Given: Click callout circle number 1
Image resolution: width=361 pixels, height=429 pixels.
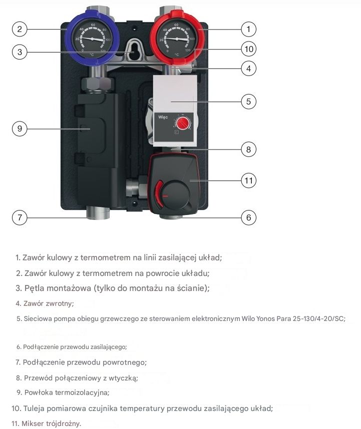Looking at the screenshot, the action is (248, 29).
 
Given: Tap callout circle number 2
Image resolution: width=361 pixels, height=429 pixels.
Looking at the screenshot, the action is (20, 29).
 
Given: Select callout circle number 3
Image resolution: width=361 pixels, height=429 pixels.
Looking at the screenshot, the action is (20, 52).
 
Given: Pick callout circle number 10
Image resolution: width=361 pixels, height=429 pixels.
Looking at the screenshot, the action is (248, 49).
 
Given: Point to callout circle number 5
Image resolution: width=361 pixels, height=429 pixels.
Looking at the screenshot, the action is (248, 101).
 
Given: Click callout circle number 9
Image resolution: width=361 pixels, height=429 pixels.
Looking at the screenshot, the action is (20, 128).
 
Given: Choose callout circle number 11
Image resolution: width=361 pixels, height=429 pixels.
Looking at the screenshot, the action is (248, 180).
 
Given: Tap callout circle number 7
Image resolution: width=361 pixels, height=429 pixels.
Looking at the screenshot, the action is (20, 217).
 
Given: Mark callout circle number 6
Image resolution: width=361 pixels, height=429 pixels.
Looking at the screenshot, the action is (248, 217).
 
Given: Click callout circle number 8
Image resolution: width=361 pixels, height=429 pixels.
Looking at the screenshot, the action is (248, 149).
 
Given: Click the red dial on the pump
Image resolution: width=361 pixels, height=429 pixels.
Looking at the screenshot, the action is (183, 123).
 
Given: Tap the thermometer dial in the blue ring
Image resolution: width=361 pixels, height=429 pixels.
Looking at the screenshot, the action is (92, 39).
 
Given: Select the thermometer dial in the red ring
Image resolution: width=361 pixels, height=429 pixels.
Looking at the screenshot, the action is (177, 39).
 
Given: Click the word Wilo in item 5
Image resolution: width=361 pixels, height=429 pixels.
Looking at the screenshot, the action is (248, 318).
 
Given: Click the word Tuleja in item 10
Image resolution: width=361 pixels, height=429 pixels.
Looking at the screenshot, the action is (34, 408).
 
